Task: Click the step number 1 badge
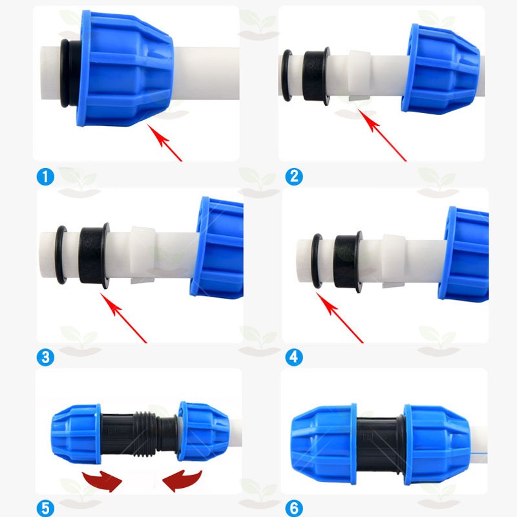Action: [45, 177]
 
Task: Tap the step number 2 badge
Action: [294, 176]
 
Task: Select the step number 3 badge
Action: [45, 357]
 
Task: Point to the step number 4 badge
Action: [294, 357]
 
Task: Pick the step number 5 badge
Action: [45, 508]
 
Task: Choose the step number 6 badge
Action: [294, 508]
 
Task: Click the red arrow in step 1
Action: [164, 142]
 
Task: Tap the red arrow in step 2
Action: [382, 135]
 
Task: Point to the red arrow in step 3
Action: [123, 318]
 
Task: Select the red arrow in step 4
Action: [340, 317]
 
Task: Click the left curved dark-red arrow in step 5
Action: [103, 481]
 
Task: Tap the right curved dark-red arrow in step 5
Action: [182, 481]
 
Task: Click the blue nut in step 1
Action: [125, 69]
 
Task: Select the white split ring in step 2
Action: [360, 76]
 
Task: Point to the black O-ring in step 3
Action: [61, 255]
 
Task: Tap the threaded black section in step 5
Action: [145, 434]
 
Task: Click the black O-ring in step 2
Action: [287, 76]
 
